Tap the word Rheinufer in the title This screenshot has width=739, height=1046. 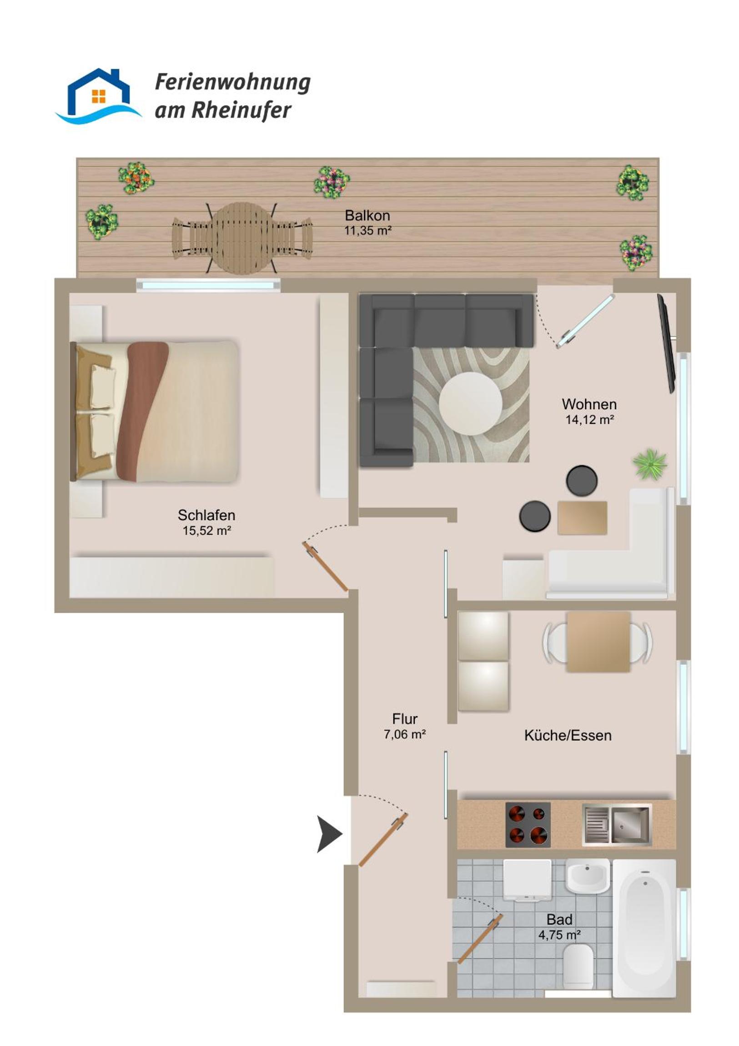coord(241,111)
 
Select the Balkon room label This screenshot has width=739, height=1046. coord(367,215)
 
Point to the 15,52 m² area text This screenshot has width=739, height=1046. coord(207,530)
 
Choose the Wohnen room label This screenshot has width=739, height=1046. coord(589,404)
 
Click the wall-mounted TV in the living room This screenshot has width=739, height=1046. coord(666,343)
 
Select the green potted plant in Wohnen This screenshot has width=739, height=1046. coord(650,464)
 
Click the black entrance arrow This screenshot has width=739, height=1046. coord(329,834)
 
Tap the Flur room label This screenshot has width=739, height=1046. coord(405,719)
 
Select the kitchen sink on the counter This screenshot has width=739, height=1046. coord(617,825)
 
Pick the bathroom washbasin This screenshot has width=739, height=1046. coord(588,876)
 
